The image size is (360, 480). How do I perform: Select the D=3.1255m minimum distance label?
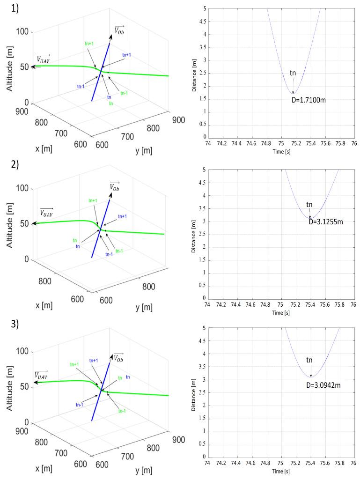pos(326,222)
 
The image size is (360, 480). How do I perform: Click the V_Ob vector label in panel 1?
pos(120,31)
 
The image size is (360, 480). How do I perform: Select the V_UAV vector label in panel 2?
pos(46,212)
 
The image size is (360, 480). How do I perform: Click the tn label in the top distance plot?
pos(293,73)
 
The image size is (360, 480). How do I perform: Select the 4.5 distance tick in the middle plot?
pos(201,182)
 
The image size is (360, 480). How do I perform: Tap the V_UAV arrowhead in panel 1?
pos(33,67)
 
